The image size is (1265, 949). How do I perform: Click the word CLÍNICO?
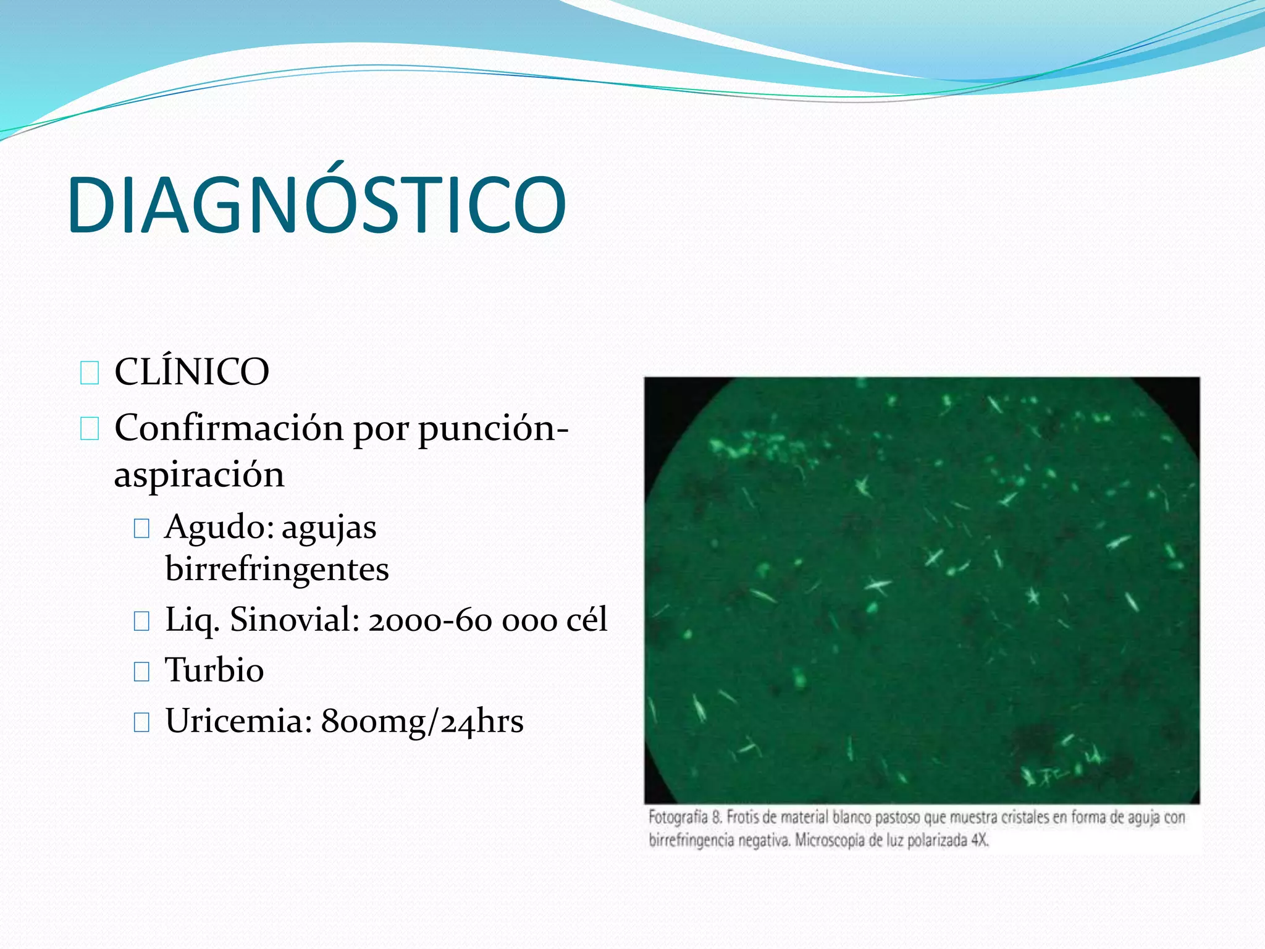(191, 372)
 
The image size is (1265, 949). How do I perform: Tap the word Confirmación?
(229, 428)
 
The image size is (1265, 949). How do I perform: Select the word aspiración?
(199, 474)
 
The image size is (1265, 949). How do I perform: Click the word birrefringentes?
(277, 569)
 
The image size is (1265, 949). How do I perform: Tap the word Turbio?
(214, 670)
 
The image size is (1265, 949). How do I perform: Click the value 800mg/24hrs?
(422, 721)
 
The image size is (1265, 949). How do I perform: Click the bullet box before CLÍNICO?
(90, 373)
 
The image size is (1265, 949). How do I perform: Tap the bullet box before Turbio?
(141, 671)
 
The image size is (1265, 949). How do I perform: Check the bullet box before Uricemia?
(141, 722)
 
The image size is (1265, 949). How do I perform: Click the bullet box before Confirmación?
(90, 428)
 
